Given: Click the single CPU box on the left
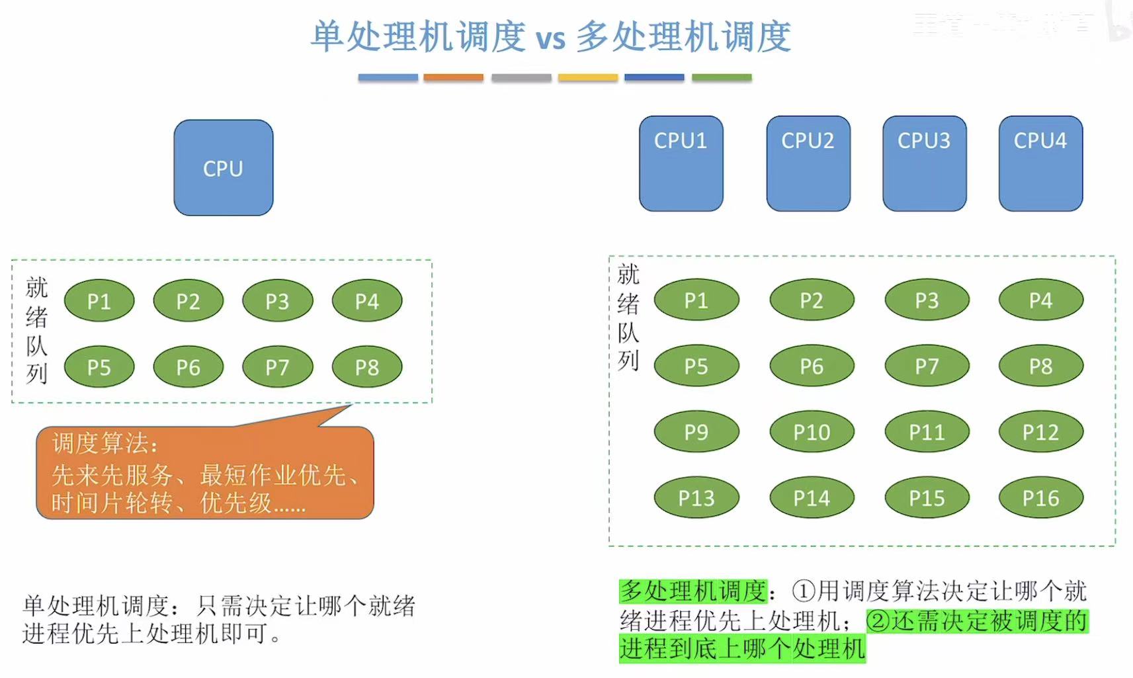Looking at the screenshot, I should [x=223, y=168].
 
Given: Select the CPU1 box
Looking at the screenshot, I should [x=681, y=163].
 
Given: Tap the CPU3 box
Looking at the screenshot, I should [x=924, y=163].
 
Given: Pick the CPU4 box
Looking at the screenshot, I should [x=1040, y=163].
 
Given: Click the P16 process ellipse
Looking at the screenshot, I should [x=1040, y=498].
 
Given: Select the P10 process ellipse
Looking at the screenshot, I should [x=812, y=432].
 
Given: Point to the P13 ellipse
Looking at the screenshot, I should [x=696, y=498].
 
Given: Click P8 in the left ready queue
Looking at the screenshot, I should [x=366, y=367].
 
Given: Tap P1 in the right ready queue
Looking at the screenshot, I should [x=696, y=300].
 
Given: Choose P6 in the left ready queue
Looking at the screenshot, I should [x=188, y=367].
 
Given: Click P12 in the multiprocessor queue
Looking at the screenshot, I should [x=1040, y=432].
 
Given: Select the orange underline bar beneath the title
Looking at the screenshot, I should [x=453, y=77].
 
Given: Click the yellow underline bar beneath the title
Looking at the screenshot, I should [x=587, y=77].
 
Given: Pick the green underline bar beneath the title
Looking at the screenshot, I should [x=722, y=77].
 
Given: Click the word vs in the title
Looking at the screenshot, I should [x=550, y=38].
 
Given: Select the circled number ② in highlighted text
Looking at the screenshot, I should [x=878, y=621].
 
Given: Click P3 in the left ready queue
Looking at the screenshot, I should [x=277, y=301].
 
